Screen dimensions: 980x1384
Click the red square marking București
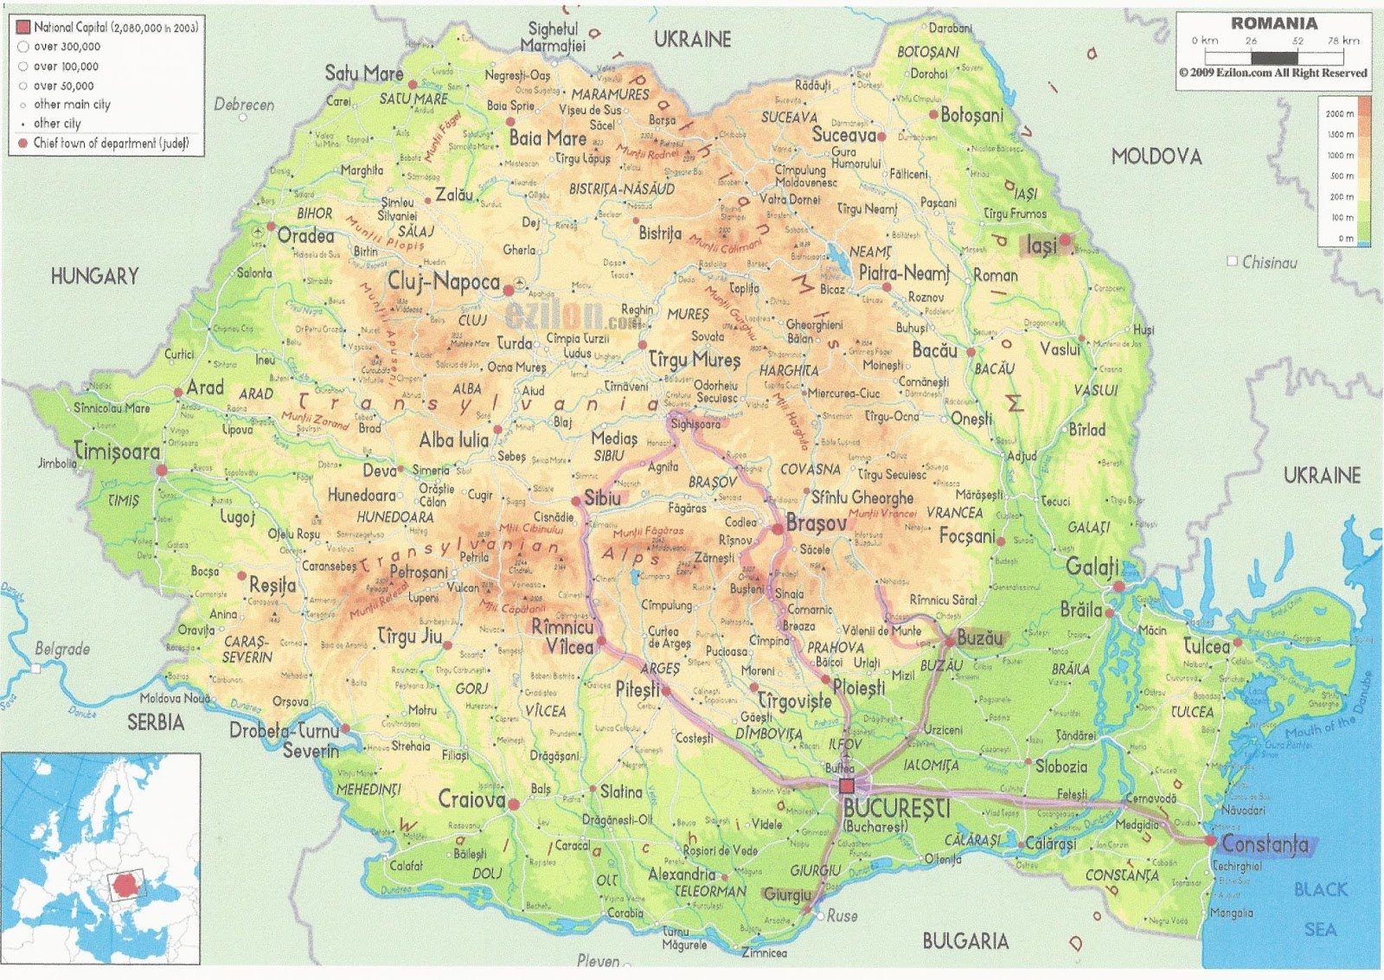pos(847,785)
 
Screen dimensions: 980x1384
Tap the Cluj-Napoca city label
pos(443,281)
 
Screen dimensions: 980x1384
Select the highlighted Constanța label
pos(1265,844)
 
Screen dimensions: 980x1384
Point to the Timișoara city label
pos(117,452)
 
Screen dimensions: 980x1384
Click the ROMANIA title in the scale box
pos(1274,23)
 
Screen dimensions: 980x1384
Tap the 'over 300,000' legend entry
pos(67,47)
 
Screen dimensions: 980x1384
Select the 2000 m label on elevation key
pos(1340,113)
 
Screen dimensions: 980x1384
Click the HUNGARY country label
pos(94,276)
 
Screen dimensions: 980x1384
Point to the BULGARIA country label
pos(964,941)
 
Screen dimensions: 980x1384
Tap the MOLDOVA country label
pos(1157,157)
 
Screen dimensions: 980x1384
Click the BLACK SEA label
pos(1321,908)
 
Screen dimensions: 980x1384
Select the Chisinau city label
pos(1269,262)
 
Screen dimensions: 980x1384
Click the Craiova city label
pos(471,799)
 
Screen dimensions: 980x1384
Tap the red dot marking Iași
pos(1066,240)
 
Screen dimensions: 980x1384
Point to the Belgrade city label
pos(62,649)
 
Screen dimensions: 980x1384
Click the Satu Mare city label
pos(363,74)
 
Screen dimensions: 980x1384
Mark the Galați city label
pos(1092,567)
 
